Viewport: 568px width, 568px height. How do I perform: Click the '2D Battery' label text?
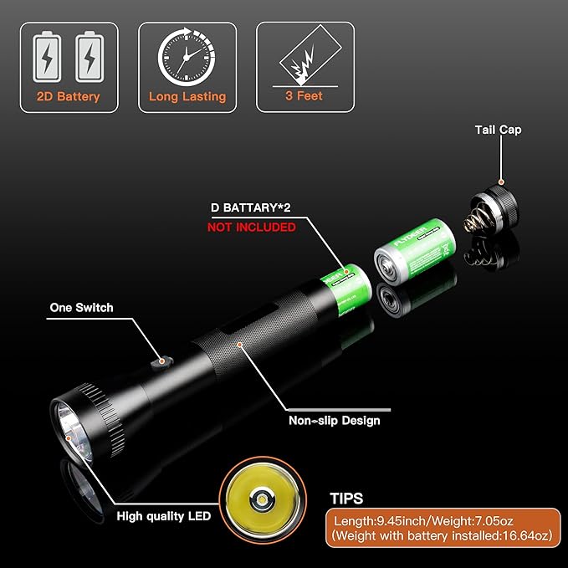(69, 96)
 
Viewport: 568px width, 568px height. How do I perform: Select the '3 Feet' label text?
(304, 96)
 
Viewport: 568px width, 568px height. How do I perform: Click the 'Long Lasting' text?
(187, 96)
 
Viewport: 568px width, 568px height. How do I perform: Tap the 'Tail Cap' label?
(498, 130)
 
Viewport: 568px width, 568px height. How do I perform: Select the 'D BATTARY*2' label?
(257, 207)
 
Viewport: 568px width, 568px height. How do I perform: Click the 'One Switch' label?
(81, 307)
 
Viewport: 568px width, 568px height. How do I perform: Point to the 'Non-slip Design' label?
(334, 421)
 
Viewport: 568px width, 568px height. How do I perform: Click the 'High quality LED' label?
(163, 516)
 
